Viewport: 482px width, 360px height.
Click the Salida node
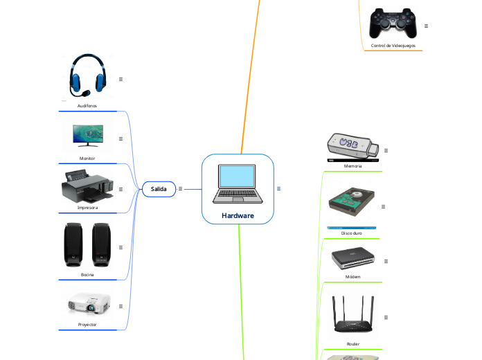click(x=159, y=188)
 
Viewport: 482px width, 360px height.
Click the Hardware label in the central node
click(x=238, y=215)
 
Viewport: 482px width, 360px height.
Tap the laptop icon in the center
click(x=238, y=184)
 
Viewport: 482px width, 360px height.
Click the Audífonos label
click(x=87, y=106)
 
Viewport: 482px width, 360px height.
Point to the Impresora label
click(x=87, y=207)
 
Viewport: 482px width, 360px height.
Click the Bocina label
click(x=87, y=275)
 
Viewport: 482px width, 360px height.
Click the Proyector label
click(x=87, y=324)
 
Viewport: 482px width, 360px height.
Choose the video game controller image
click(x=393, y=24)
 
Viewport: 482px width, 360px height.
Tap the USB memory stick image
click(x=352, y=146)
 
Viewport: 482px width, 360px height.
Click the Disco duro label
click(x=352, y=233)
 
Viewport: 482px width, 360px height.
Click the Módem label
click(x=352, y=276)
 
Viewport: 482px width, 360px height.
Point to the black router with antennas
click(x=352, y=316)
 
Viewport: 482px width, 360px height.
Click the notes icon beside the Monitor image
click(x=120, y=138)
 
